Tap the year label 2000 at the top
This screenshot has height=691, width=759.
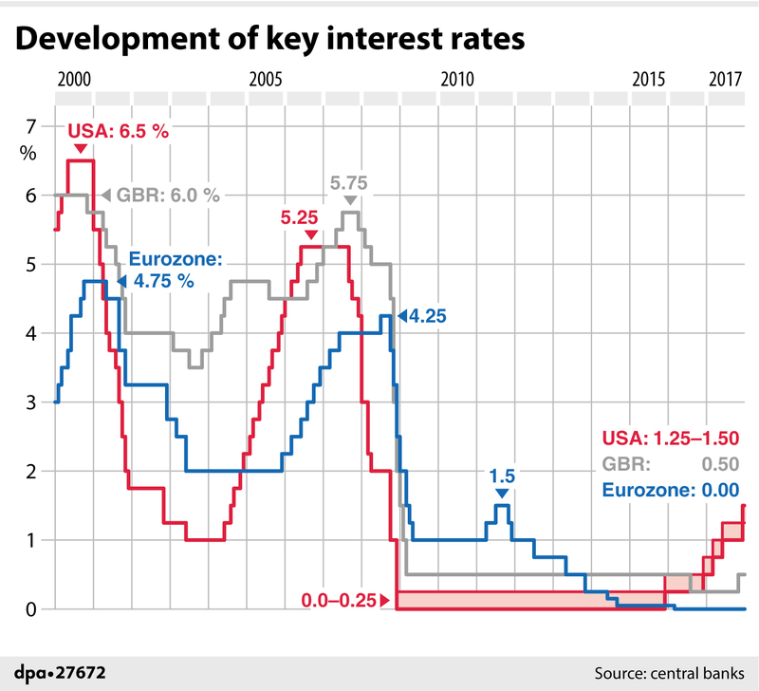pyautogui.click(x=75, y=79)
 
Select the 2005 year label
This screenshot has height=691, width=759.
pyautogui.click(x=266, y=79)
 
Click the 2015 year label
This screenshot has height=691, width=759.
pyautogui.click(x=648, y=79)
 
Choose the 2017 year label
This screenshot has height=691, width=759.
pyautogui.click(x=724, y=79)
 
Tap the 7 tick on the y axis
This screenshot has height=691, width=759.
pyautogui.click(x=30, y=126)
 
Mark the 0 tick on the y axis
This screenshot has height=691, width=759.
pyautogui.click(x=30, y=609)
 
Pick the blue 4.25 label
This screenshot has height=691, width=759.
pyautogui.click(x=428, y=315)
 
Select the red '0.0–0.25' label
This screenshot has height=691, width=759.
pyautogui.click(x=339, y=600)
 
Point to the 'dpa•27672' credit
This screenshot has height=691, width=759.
pyautogui.click(x=59, y=672)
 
